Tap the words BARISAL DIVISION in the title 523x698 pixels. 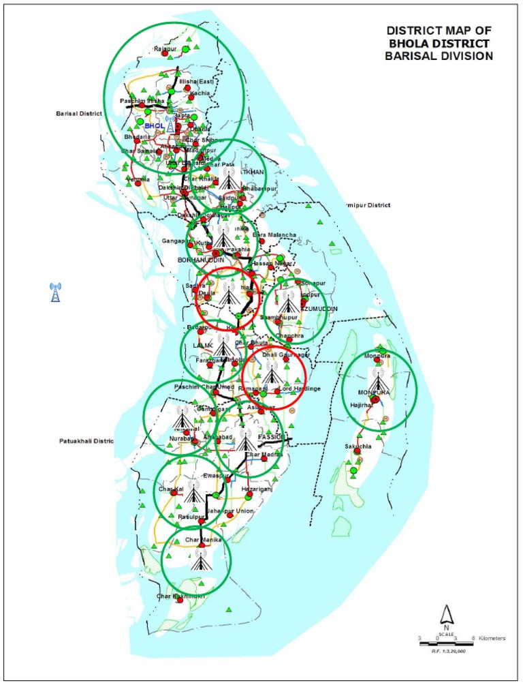tap(438, 57)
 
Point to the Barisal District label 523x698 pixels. tap(78, 115)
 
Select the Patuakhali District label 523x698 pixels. tap(84, 442)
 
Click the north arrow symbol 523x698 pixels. tap(445, 615)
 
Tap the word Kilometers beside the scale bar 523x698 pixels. tap(492, 639)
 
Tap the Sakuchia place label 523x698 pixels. tap(358, 447)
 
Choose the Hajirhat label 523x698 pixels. tap(362, 405)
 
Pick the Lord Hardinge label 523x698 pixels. tap(300, 389)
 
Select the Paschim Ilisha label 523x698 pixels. tap(139, 101)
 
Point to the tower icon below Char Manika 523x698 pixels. tap(200, 558)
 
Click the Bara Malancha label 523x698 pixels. tap(274, 235)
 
